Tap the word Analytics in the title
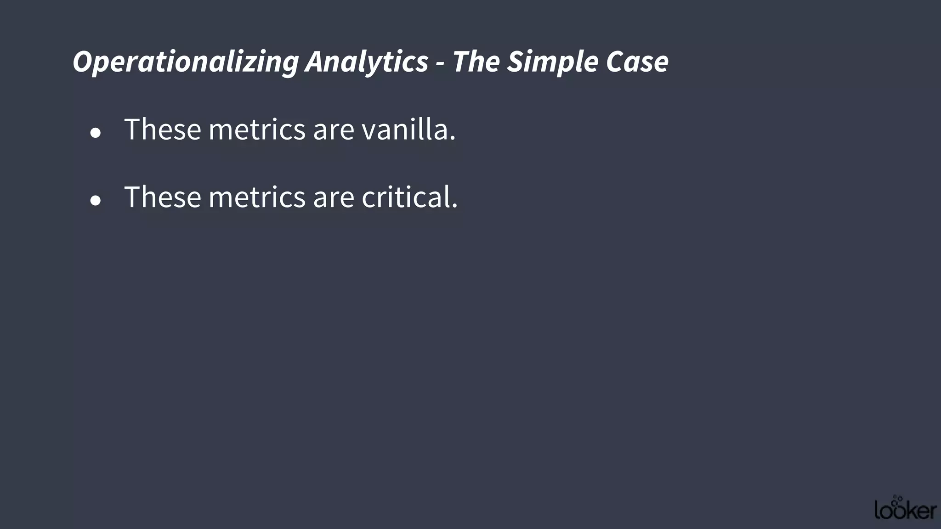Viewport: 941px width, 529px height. [x=367, y=62]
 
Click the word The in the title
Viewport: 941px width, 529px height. [x=476, y=62]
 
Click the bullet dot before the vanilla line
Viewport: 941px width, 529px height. [x=96, y=133]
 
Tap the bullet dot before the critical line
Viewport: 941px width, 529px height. [x=96, y=201]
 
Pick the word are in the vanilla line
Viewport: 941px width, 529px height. [x=334, y=130]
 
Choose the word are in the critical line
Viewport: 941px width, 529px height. [x=334, y=197]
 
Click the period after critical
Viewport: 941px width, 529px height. [x=455, y=206]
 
